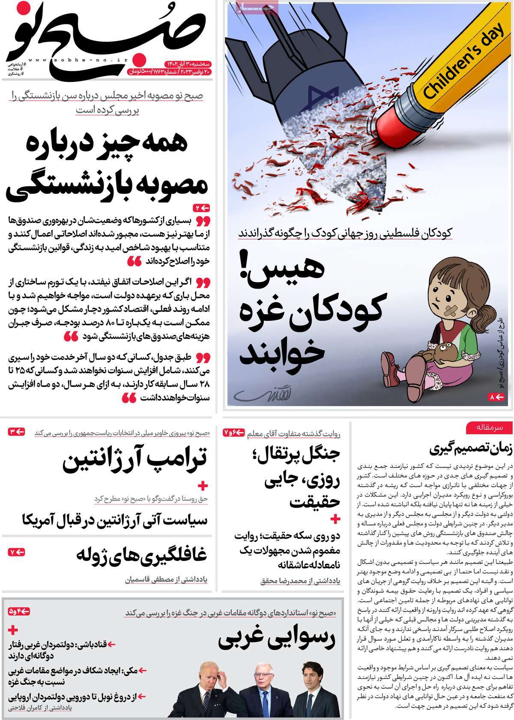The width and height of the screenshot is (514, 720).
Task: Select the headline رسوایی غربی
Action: [x=277, y=641]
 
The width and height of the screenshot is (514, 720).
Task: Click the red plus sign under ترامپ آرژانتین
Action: [x=203, y=486]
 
